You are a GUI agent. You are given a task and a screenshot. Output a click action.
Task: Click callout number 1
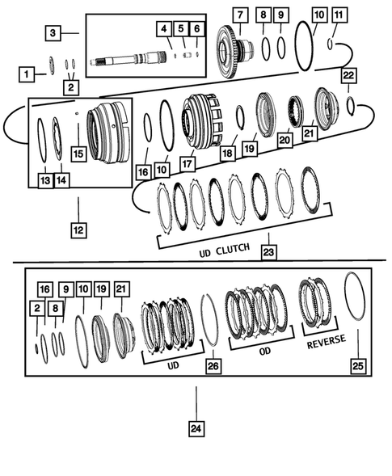tap(27, 74)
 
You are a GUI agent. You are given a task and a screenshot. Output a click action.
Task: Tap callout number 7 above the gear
tap(239, 15)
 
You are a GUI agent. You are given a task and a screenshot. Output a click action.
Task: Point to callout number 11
tap(339, 15)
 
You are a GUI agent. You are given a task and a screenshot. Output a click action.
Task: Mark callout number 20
tap(284, 140)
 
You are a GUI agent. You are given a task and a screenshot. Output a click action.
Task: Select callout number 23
tap(268, 251)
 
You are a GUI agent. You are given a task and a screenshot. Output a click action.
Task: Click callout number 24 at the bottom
tap(195, 429)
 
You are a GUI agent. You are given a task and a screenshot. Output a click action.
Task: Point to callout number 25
tap(356, 365)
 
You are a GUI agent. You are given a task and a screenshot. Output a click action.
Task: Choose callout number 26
tap(213, 365)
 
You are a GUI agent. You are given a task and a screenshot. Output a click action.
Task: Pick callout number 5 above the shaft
tap(183, 28)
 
